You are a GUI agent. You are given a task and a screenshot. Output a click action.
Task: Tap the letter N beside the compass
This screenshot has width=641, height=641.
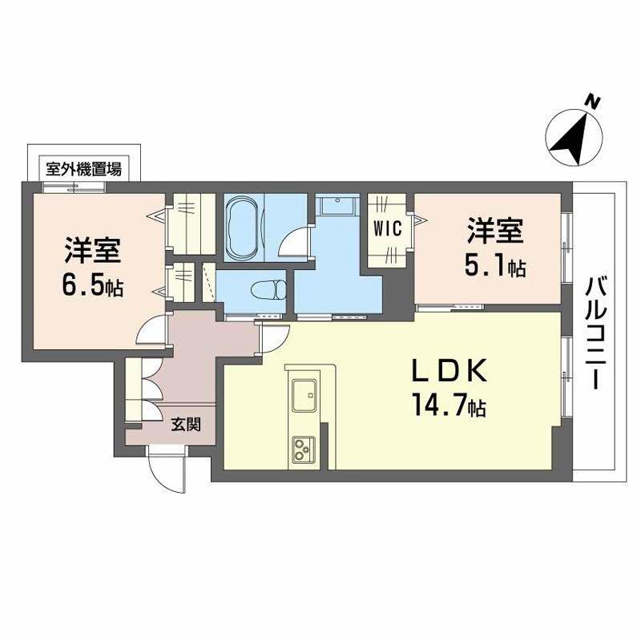pos(592,102)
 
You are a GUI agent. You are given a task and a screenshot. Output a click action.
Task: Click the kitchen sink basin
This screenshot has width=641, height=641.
pos(305,395)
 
